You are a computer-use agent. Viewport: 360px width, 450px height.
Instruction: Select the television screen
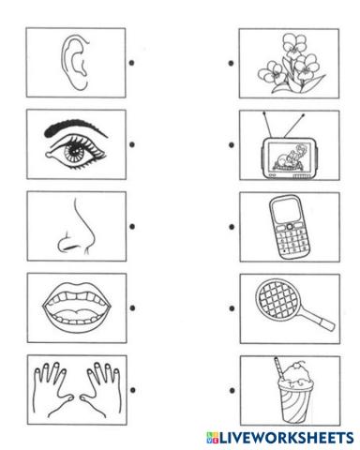pos(278,148)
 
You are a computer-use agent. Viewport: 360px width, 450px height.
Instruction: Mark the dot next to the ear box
pos(133,65)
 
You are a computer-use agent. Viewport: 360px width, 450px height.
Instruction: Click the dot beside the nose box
pos(133,226)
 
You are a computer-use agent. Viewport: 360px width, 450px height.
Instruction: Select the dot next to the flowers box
pos(232,65)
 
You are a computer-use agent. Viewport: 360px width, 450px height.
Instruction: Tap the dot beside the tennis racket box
pos(232,307)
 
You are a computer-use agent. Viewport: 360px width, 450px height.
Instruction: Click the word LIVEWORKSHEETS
pos(285,438)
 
